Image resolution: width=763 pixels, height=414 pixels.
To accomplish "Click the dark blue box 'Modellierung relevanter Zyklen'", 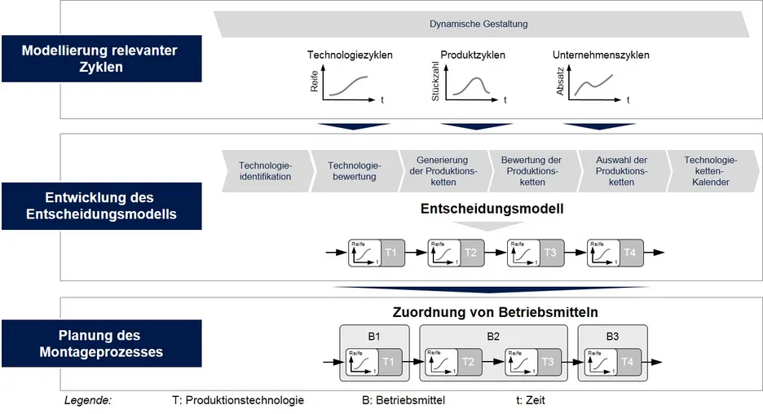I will [101, 58].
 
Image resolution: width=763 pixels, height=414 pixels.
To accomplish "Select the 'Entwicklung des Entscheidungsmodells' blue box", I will [101, 205].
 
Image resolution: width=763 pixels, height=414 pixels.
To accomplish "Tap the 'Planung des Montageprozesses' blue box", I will [101, 343].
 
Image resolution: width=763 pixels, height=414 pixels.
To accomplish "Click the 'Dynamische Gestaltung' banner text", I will [479, 24].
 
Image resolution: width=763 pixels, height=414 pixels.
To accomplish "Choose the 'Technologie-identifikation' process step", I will [265, 171].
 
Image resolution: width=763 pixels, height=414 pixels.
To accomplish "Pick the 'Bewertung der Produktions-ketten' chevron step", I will [531, 171].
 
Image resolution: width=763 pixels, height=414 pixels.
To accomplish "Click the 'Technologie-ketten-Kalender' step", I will [710, 171].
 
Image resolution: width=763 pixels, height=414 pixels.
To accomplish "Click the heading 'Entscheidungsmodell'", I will [492, 209].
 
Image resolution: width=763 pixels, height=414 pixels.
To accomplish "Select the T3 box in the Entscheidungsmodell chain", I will [550, 253].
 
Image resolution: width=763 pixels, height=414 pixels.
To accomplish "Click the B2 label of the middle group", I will [492, 335].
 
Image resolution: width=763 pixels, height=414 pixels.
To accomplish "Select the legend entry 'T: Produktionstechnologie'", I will [238, 400].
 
